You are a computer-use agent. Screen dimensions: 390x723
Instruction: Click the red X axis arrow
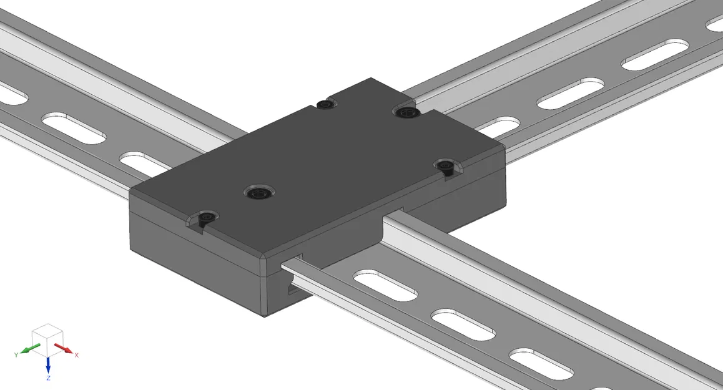coord(63,347)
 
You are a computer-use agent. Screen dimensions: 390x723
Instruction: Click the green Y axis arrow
coord(27,349)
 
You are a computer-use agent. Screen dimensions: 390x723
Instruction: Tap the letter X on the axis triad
coord(77,355)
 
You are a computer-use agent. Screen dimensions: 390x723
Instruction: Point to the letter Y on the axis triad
coord(15,354)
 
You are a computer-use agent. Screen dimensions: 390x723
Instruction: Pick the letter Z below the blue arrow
coord(48,378)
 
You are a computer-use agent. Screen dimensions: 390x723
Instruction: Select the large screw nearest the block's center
coord(258,193)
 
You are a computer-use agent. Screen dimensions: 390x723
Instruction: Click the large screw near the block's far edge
coord(406,112)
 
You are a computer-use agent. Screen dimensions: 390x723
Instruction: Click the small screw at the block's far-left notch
coord(323,104)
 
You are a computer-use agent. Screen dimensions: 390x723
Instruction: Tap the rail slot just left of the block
coord(144,163)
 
